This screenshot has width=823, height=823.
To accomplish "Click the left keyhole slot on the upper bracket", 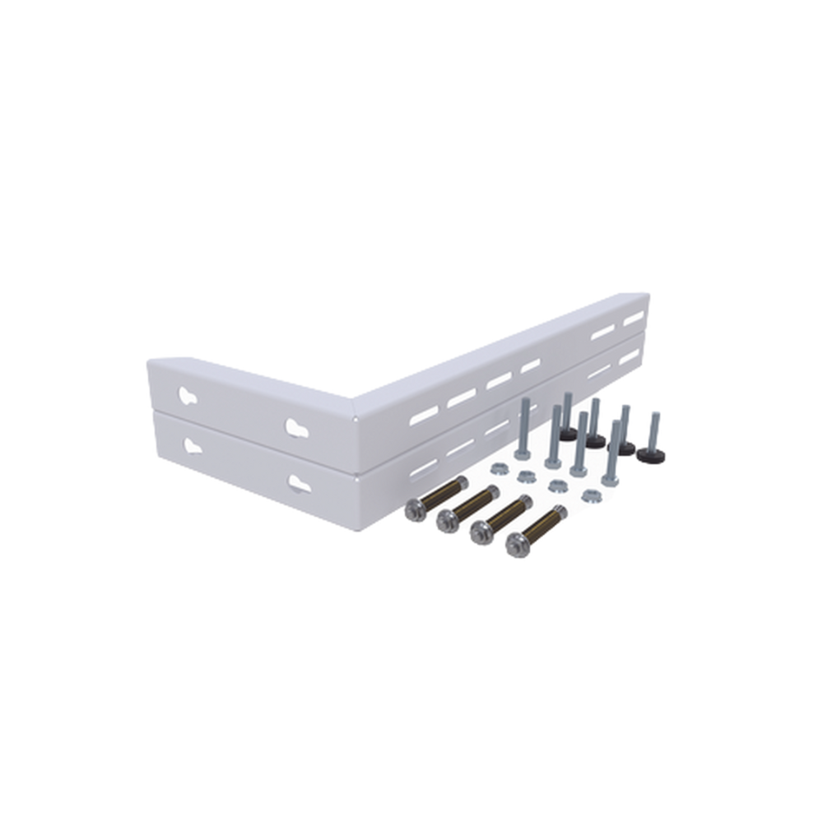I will pos(188,396).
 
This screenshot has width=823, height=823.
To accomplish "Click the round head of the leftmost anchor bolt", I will pos(415,510).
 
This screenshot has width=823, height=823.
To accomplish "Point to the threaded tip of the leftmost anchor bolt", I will pos(462,481).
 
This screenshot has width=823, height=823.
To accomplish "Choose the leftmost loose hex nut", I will pos(496,468).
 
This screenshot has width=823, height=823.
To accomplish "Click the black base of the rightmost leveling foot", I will pos(652,453).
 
